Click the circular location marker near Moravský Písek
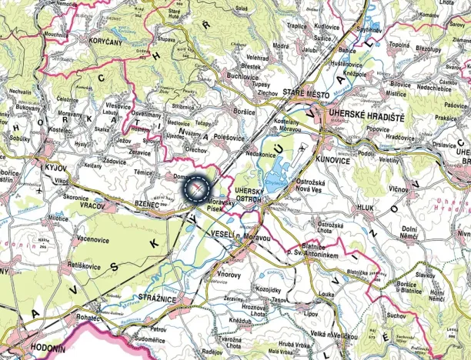(198, 187)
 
